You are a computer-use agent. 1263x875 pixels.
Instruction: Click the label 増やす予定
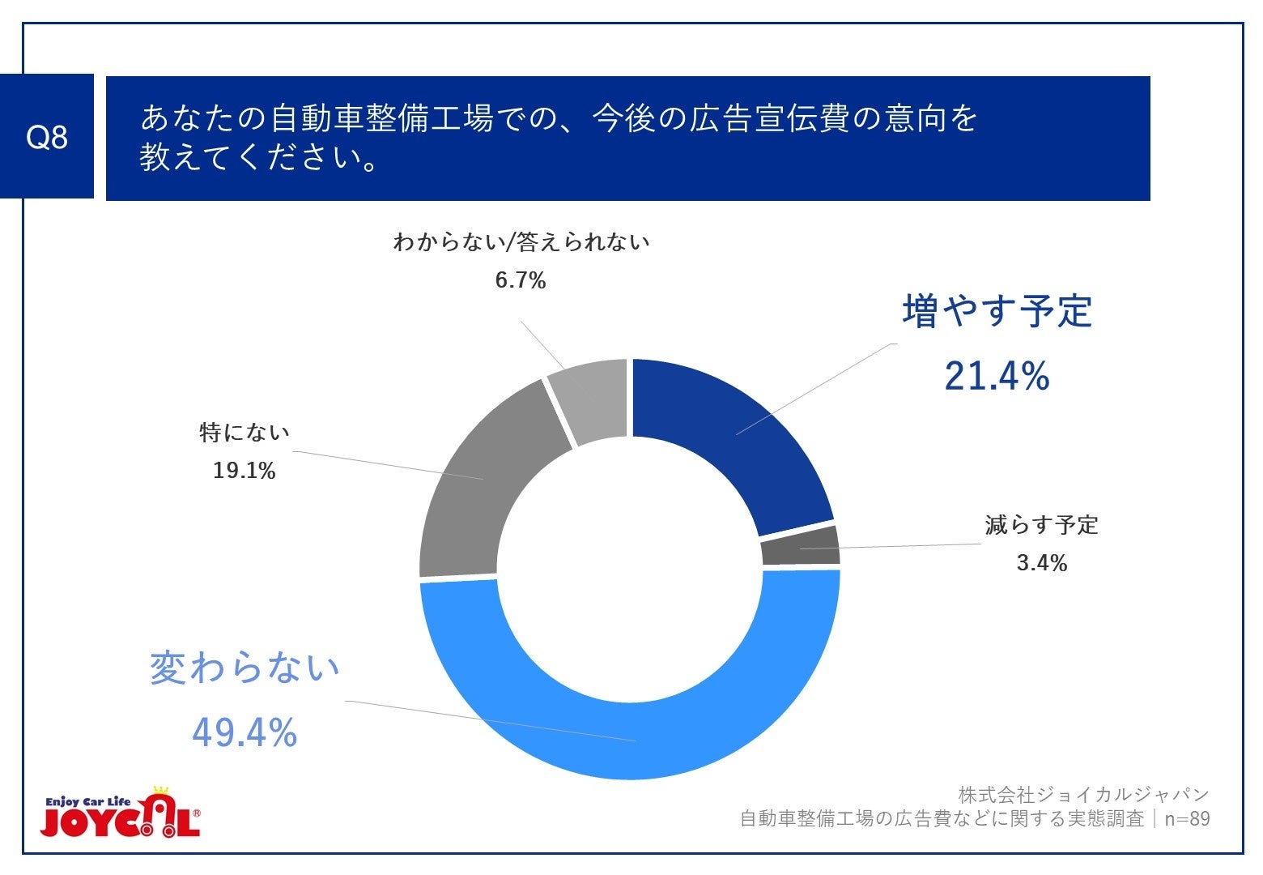click(997, 312)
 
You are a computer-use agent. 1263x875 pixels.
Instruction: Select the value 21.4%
click(997, 377)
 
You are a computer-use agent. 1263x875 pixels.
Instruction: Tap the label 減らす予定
click(1041, 525)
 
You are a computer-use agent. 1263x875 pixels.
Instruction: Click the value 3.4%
click(1041, 563)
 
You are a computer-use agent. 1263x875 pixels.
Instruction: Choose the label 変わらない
click(245, 669)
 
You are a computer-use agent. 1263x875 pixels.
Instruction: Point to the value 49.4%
click(245, 733)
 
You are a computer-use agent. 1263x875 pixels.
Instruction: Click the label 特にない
click(245, 433)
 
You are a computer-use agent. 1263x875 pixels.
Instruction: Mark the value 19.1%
click(245, 471)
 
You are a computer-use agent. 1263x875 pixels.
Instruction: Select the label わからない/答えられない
click(521, 242)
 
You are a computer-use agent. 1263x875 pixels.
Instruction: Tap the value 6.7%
click(521, 281)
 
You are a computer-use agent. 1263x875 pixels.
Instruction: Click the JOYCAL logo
click(120, 813)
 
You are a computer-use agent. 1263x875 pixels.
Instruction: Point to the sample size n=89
click(1187, 819)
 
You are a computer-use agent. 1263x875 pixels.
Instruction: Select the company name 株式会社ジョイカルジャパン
click(1083, 795)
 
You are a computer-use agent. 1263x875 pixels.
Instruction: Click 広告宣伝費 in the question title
click(769, 118)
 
